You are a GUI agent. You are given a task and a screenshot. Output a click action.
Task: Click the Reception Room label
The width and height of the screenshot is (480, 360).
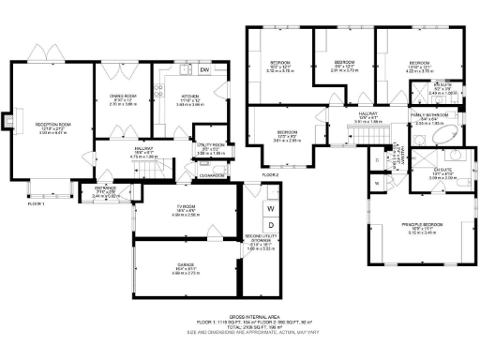click(54, 126)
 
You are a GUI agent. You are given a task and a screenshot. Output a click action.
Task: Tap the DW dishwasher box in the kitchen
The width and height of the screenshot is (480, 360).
click(204, 70)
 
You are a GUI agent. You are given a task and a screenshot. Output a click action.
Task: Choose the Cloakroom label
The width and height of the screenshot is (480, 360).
click(212, 174)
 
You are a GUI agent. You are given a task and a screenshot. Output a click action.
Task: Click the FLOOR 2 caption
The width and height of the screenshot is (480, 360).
click(271, 175)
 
